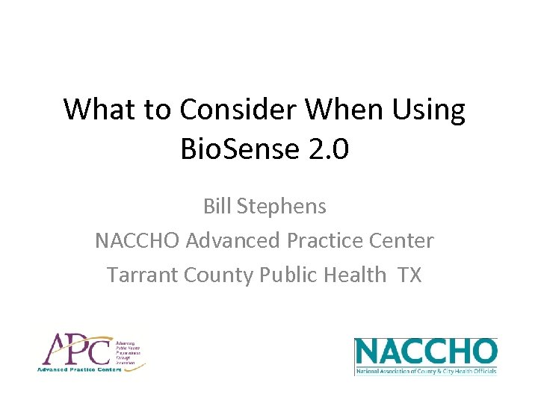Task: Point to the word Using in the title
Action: (x=429, y=111)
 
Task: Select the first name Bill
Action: (x=218, y=206)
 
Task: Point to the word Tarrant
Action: (x=140, y=275)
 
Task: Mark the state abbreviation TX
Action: (x=410, y=275)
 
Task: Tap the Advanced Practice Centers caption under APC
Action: (x=75, y=369)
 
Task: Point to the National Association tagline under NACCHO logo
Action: (x=425, y=371)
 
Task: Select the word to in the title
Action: (x=157, y=110)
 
